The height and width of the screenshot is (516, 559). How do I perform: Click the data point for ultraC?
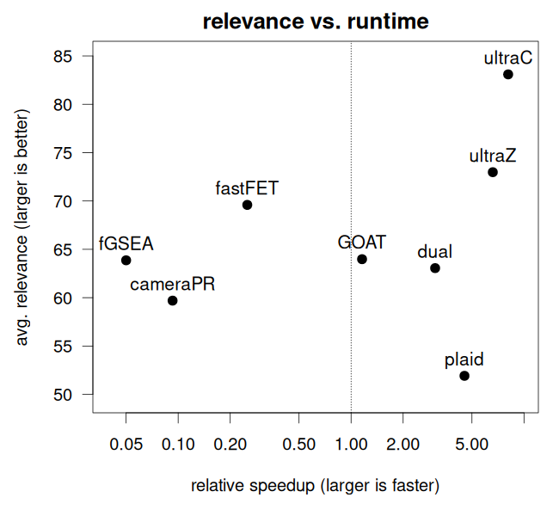[x=508, y=75]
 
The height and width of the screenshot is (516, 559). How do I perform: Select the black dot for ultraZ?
[x=493, y=172]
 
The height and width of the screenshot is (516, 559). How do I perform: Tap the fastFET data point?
[x=247, y=205]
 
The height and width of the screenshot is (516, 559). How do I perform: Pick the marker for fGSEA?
[x=126, y=260]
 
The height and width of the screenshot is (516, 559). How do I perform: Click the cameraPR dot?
[x=172, y=300]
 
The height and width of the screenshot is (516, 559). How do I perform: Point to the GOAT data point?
[x=362, y=259]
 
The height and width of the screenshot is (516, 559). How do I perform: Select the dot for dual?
[x=435, y=268]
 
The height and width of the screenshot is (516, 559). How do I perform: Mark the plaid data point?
[x=464, y=376]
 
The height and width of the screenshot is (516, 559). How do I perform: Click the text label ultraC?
[x=508, y=58]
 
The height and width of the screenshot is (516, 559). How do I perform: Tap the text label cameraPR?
[x=172, y=284]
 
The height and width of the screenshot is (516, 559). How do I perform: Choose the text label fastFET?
[x=247, y=187]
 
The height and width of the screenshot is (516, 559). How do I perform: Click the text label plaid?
[x=464, y=359]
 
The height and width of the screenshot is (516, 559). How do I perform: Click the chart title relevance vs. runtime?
[x=316, y=21]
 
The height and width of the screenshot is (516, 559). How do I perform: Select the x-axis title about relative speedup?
[x=316, y=486]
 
